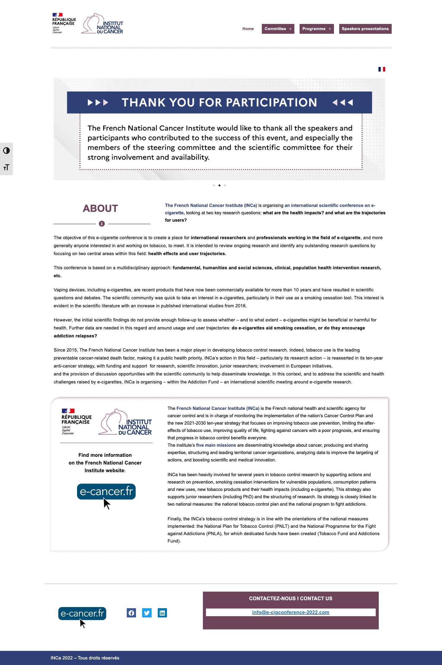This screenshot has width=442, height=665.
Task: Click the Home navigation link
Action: click(x=248, y=29)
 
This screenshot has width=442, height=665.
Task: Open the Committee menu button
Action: click(x=278, y=29)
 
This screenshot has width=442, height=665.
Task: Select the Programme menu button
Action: click(x=316, y=29)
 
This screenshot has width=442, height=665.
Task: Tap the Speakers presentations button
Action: click(x=365, y=29)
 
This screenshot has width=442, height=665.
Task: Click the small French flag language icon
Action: click(x=382, y=69)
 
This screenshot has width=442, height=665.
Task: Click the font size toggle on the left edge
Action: click(x=6, y=167)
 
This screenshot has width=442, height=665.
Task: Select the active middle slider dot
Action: click(x=219, y=185)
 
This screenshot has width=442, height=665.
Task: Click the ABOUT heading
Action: click(x=100, y=208)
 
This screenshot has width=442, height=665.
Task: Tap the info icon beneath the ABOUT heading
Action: click(x=102, y=224)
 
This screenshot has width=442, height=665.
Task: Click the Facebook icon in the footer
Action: click(x=131, y=613)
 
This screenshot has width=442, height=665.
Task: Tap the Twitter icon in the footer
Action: click(x=147, y=613)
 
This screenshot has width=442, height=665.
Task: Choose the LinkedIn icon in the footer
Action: click(x=162, y=613)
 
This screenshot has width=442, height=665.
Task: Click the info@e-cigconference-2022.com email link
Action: click(x=290, y=612)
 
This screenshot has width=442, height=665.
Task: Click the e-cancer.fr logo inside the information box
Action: click(x=106, y=492)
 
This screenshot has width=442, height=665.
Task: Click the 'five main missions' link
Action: click(x=216, y=445)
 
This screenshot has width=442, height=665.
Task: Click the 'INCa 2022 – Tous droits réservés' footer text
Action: click(x=85, y=658)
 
